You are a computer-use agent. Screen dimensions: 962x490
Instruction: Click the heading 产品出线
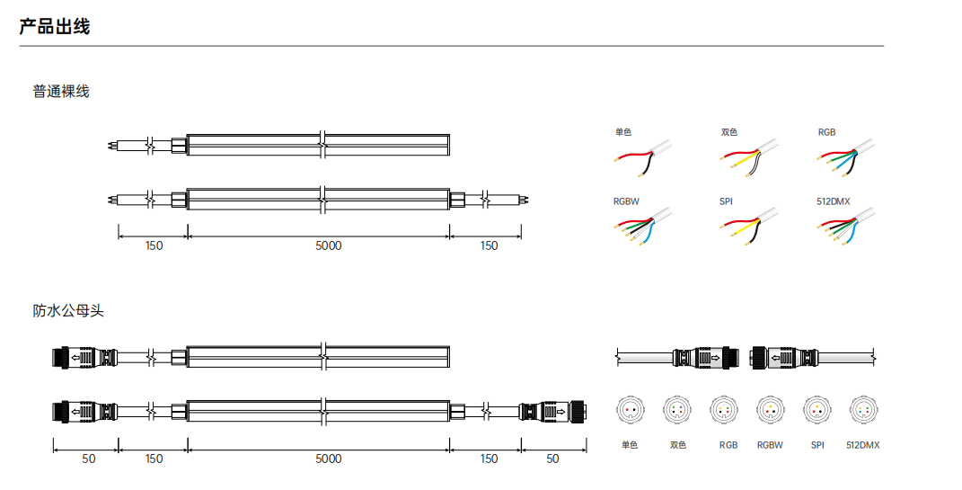click(x=55, y=27)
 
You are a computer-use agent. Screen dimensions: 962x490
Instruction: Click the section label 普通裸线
click(x=61, y=92)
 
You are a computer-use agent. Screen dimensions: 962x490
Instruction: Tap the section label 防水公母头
click(x=68, y=311)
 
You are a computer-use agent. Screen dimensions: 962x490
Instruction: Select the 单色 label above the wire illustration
click(x=623, y=132)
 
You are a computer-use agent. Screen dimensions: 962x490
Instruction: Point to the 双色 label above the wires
click(x=729, y=132)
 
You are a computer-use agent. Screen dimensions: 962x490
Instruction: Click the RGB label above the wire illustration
click(x=826, y=132)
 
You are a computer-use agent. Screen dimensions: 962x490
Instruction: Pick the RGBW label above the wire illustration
click(x=626, y=201)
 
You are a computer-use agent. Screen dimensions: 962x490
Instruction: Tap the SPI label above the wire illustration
click(x=726, y=201)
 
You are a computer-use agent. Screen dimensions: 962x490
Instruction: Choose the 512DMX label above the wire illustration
click(x=834, y=201)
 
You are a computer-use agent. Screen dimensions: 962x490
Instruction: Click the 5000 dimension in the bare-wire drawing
click(x=328, y=245)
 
